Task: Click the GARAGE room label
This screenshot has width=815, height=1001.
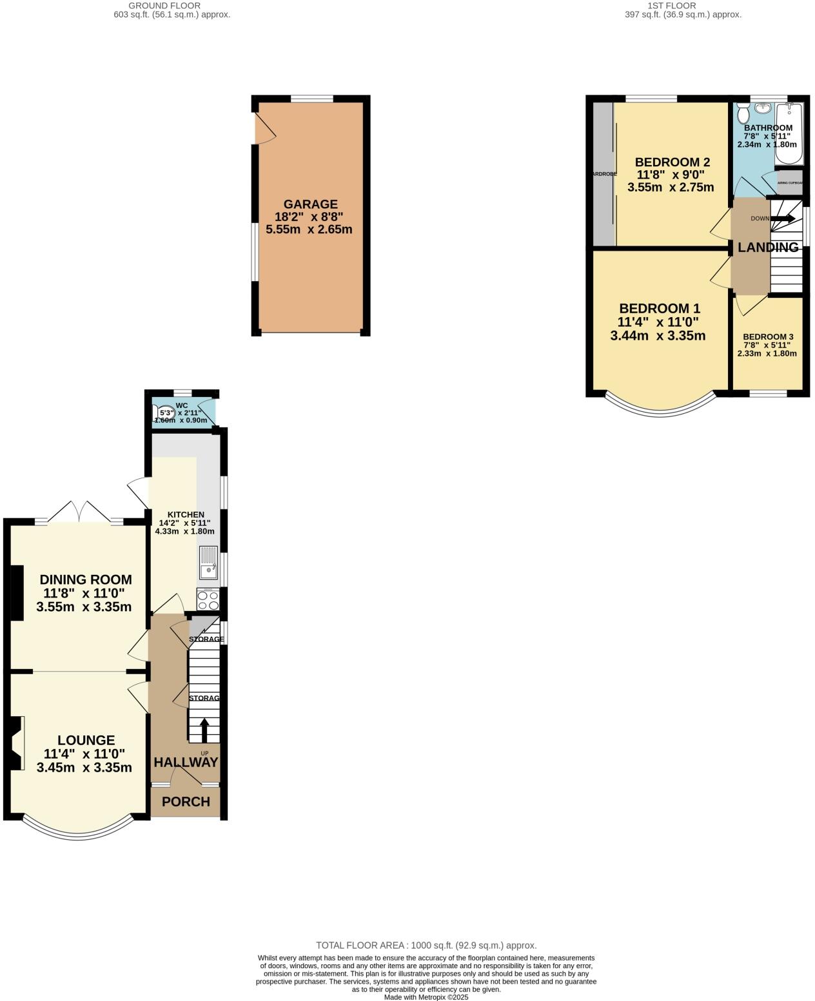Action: point(310,204)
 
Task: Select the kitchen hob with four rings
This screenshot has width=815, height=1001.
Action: point(208,600)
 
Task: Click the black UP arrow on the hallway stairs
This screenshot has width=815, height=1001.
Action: point(204,730)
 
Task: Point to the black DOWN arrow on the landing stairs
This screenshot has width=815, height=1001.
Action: point(782,219)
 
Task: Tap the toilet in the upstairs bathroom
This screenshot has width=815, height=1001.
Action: point(743,114)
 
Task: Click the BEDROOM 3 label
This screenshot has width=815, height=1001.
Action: point(767,336)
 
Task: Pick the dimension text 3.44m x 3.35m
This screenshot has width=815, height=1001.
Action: point(658,335)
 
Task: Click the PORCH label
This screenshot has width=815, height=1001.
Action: point(186,802)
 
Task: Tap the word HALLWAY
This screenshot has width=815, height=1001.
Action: point(186,762)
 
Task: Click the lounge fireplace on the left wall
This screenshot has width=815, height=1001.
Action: point(17,743)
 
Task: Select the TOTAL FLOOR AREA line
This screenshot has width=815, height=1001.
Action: point(426,945)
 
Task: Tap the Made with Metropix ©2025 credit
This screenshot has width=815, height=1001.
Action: point(426,996)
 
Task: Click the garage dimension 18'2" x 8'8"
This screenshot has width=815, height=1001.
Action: point(310,217)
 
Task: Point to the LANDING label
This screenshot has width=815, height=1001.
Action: point(767,247)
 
